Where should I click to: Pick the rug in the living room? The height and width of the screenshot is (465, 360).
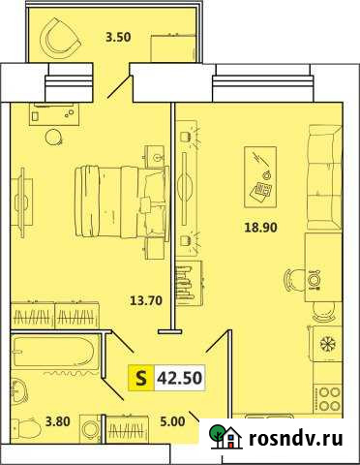[260, 175]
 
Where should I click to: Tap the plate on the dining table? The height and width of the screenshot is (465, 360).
[314, 279]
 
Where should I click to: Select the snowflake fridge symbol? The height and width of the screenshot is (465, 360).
[325, 345]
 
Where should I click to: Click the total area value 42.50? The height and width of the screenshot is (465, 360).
[179, 378]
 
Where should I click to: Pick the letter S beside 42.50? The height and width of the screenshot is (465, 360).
[140, 378]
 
